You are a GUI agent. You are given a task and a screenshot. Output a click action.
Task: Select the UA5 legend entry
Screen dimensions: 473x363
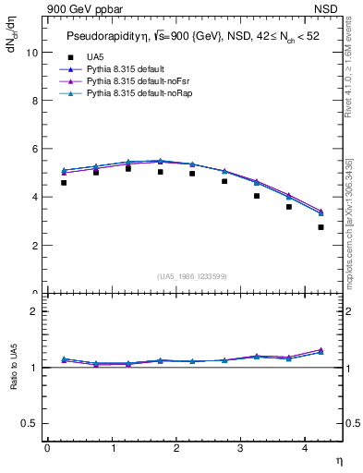94,58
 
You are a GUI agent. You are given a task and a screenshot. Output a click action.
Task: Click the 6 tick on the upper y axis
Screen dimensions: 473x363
35,149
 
